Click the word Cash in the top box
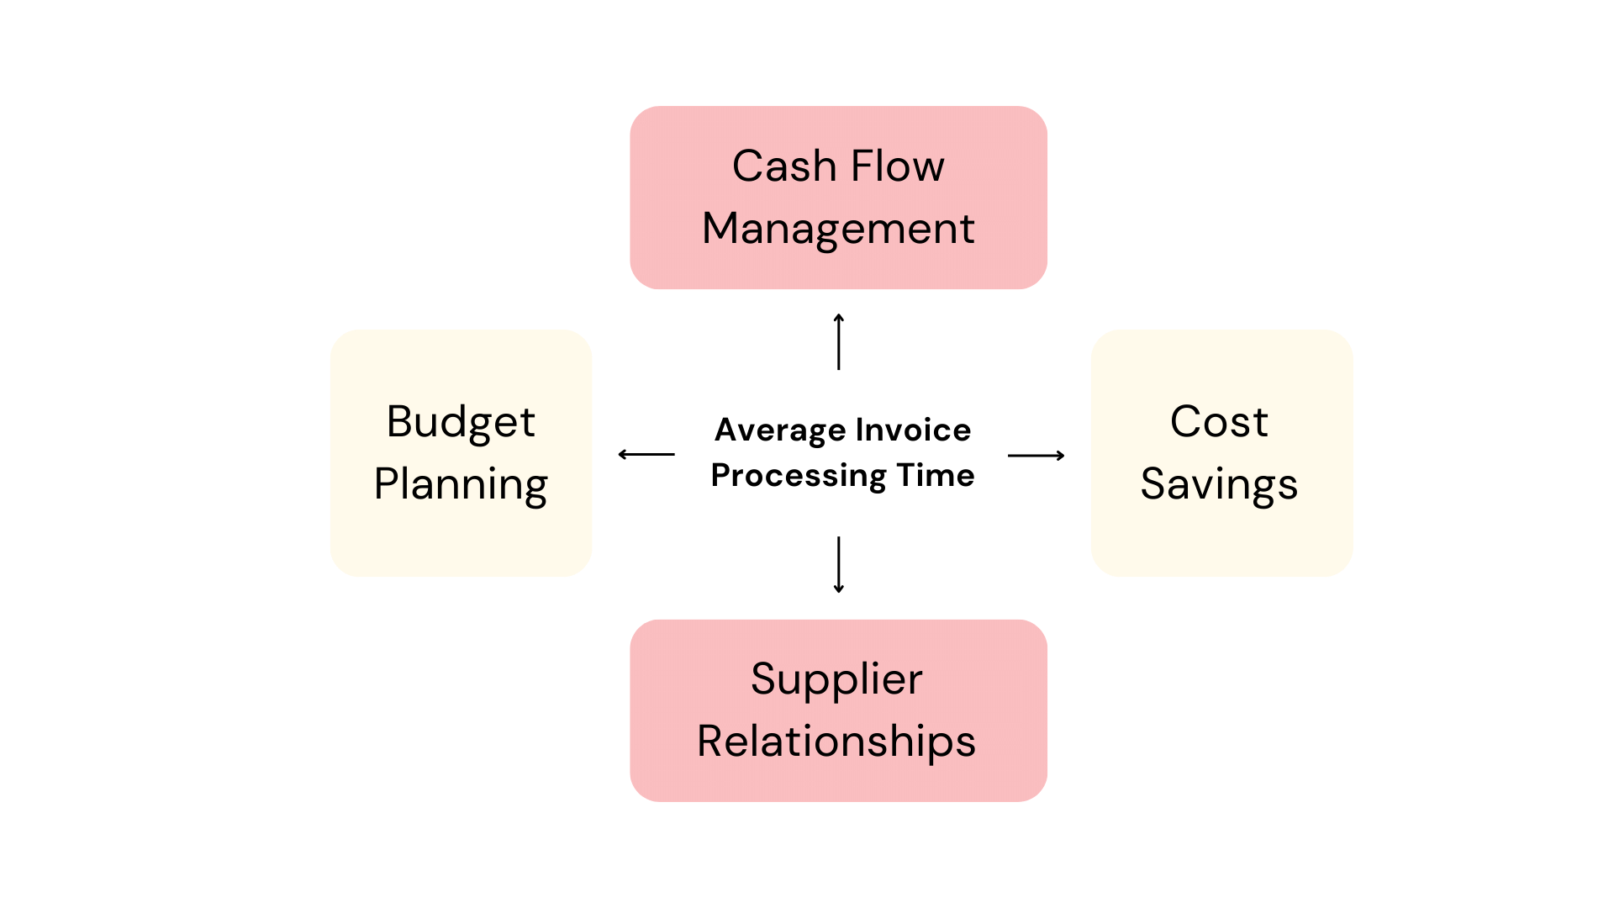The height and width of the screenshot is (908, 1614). coord(783,166)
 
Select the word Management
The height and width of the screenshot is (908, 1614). coord(838,229)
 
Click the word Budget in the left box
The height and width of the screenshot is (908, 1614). coord(461,422)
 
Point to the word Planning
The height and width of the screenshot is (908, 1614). coord(461,485)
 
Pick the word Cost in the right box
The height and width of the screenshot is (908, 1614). coord(1219,422)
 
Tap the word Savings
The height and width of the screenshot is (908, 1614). coord(1219,485)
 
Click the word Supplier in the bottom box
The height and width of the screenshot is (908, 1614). coord(836,679)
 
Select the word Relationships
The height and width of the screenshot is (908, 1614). coord(836,742)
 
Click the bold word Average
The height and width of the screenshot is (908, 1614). coord(780,430)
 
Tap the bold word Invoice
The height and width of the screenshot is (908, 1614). coord(913,430)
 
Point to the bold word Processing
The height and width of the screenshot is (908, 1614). coord(798,476)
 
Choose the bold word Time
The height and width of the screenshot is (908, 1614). coord(936,476)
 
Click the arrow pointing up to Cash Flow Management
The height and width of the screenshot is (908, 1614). coord(838,341)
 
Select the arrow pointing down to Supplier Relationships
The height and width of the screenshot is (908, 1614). coord(838,565)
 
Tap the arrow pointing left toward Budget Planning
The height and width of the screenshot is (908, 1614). coord(646,455)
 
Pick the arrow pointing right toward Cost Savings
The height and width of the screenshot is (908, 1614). coord(1036,456)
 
